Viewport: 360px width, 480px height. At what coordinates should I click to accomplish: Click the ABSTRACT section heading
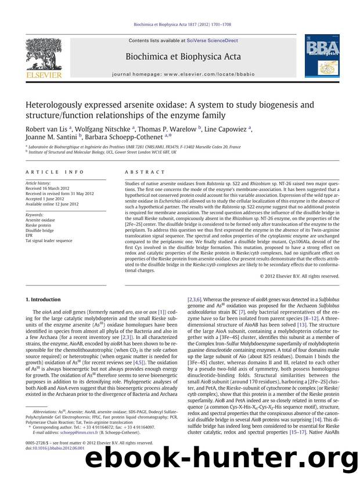[139, 174]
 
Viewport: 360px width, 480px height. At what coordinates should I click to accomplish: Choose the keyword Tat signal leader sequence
[49, 240]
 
